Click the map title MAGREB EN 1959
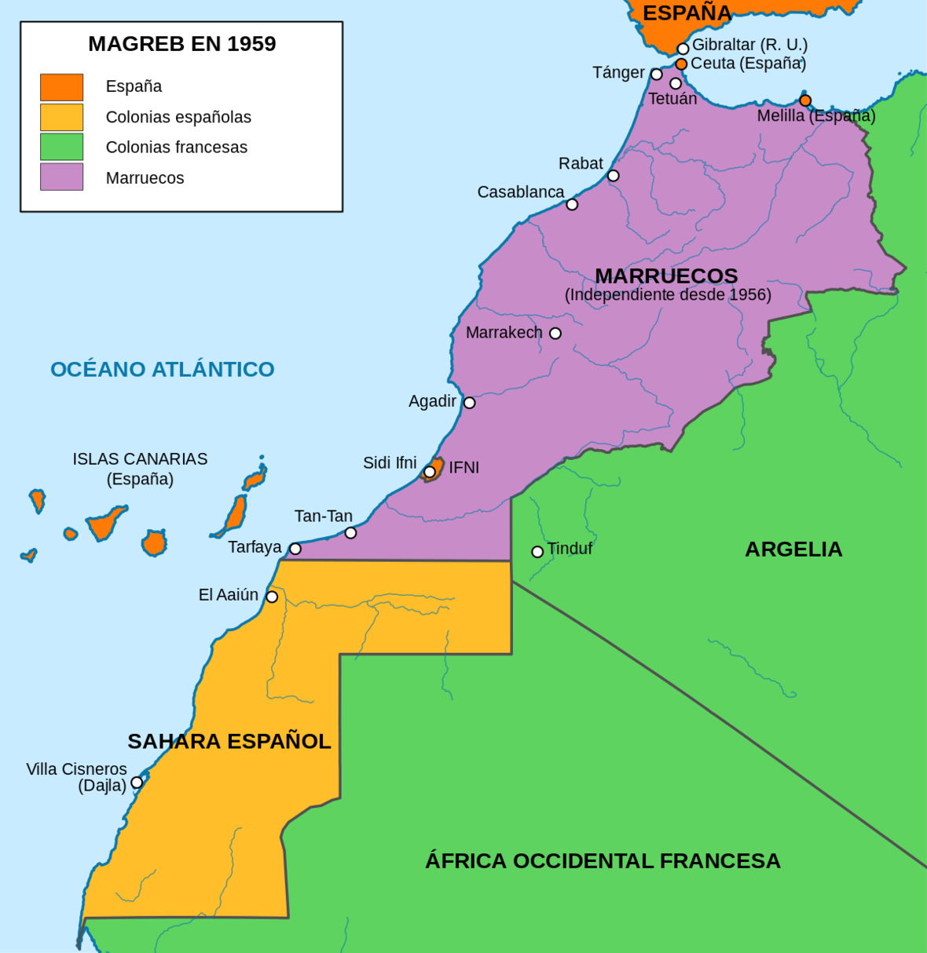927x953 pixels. (181, 44)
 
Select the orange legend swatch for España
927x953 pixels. (61, 87)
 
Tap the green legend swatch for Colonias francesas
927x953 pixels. (61, 147)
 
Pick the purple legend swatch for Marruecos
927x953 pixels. (61, 177)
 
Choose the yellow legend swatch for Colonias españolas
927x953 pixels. (61, 117)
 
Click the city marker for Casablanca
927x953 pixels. (572, 204)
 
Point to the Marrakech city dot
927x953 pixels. (555, 334)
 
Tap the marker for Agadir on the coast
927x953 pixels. (469, 403)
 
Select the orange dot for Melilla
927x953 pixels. (805, 100)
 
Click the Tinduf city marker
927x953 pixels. (537, 552)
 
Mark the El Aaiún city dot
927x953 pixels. (272, 597)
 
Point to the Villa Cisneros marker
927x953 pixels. (137, 783)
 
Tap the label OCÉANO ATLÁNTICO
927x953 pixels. (163, 369)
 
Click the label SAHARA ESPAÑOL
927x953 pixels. (229, 741)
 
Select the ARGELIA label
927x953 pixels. (793, 549)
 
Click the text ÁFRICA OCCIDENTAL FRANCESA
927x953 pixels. (603, 861)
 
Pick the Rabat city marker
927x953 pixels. (614, 176)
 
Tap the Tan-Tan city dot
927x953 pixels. (350, 533)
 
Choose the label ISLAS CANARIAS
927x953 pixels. (140, 459)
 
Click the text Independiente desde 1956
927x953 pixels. (668, 295)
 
